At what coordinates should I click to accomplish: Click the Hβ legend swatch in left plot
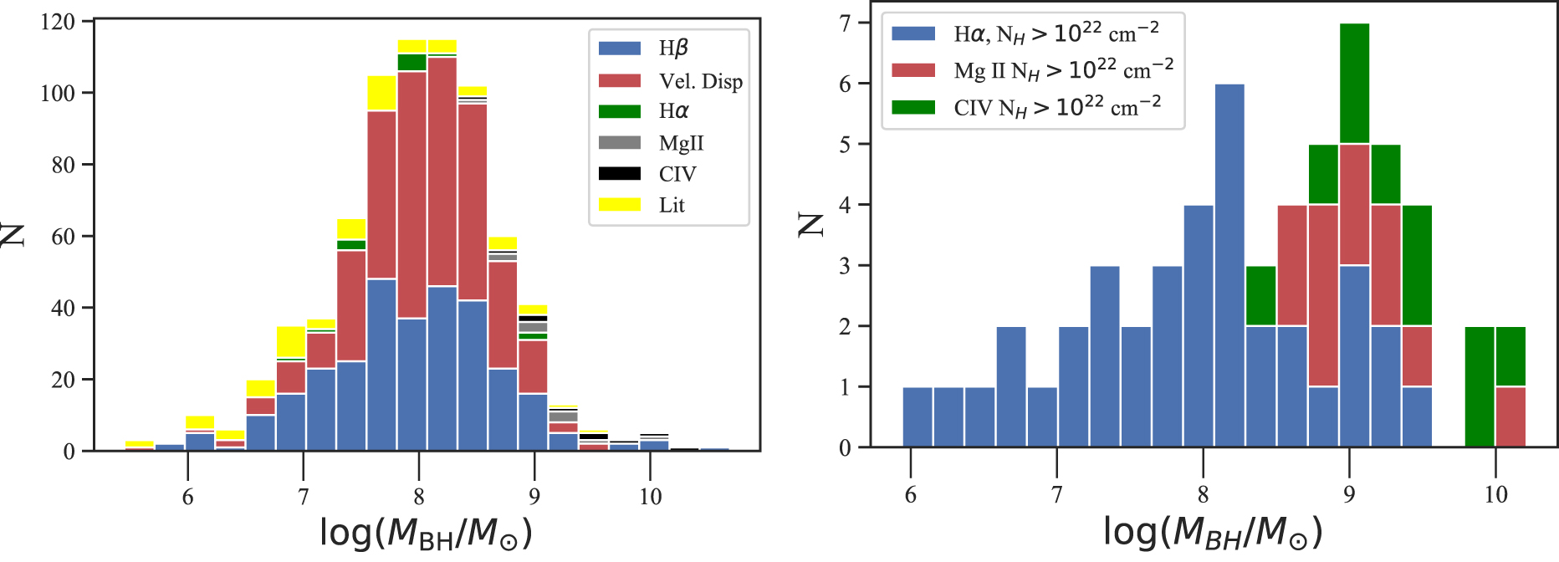pyautogui.click(x=619, y=49)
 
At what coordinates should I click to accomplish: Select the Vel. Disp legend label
pyautogui.click(x=700, y=81)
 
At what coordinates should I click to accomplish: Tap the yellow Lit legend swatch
pyautogui.click(x=619, y=205)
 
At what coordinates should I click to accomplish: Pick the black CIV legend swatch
pyautogui.click(x=619, y=174)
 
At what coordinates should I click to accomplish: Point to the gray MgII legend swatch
pyautogui.click(x=619, y=143)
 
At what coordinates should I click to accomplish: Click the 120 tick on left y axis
pyautogui.click(x=58, y=21)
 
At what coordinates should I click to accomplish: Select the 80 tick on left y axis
pyautogui.click(x=64, y=165)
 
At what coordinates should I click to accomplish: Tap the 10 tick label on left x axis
pyautogui.click(x=650, y=497)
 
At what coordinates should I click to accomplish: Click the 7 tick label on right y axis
pyautogui.click(x=845, y=23)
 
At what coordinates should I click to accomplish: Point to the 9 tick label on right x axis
pyautogui.click(x=1349, y=495)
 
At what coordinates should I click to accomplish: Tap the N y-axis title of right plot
pyautogui.click(x=811, y=224)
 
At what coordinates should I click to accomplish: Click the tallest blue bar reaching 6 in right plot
pyautogui.click(x=1229, y=265)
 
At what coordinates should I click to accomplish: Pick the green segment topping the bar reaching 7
pyautogui.click(x=1354, y=84)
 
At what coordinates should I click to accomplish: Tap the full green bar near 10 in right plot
pyautogui.click(x=1479, y=386)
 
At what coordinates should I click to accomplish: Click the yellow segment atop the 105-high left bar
pyautogui.click(x=381, y=94)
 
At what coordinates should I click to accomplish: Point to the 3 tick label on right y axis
pyautogui.click(x=845, y=266)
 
